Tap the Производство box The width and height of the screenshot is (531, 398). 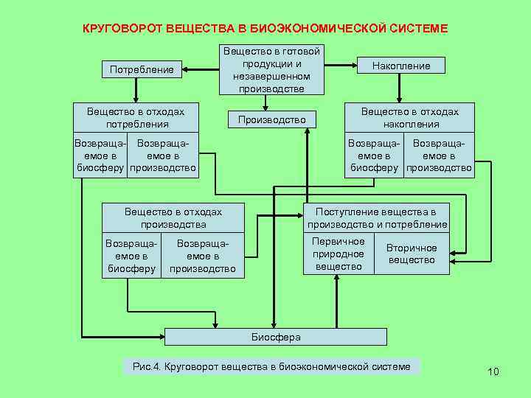tap(271, 120)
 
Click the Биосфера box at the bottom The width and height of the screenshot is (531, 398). tap(275, 337)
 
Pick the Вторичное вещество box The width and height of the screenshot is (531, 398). tap(412, 254)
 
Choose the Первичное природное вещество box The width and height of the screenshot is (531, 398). tap(339, 254)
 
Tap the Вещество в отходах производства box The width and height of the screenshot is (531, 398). tap(173, 217)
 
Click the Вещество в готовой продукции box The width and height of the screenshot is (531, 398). tap(271, 70)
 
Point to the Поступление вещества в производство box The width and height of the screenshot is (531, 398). tap(377, 218)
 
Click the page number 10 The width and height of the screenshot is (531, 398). tap(493, 371)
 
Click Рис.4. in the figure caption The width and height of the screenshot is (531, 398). tap(147, 366)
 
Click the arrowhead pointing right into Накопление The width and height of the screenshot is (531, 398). tap(355, 66)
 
